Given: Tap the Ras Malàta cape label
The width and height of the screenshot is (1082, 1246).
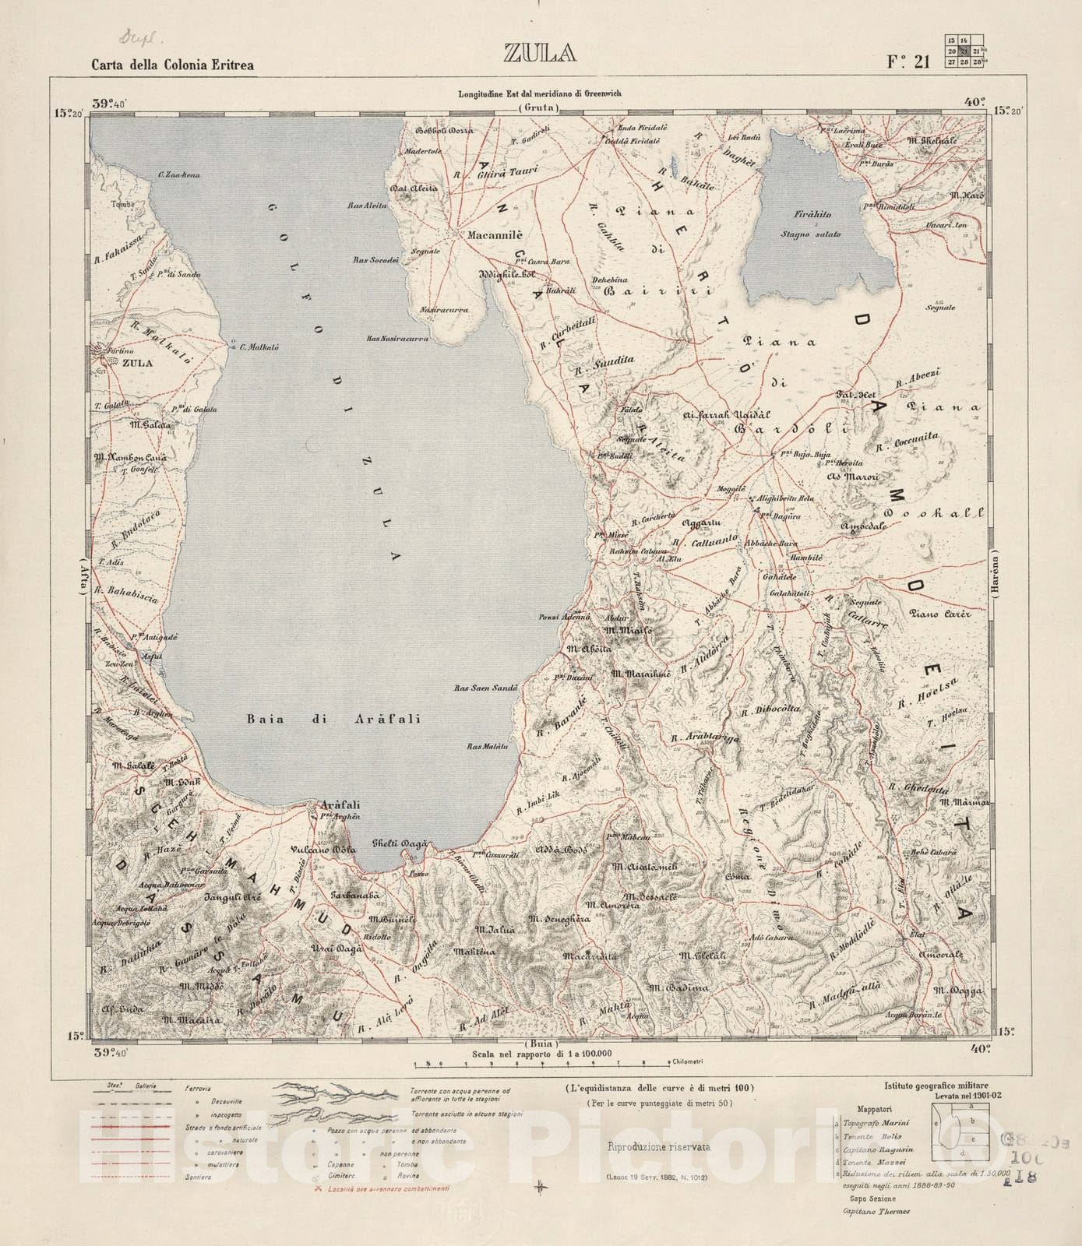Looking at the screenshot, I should click(x=487, y=746).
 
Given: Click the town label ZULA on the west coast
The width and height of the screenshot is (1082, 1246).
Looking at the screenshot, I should click(x=137, y=363).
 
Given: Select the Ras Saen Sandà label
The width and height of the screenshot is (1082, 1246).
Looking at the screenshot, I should click(x=486, y=688).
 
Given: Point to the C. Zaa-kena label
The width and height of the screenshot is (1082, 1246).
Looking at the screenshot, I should click(x=178, y=175).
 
